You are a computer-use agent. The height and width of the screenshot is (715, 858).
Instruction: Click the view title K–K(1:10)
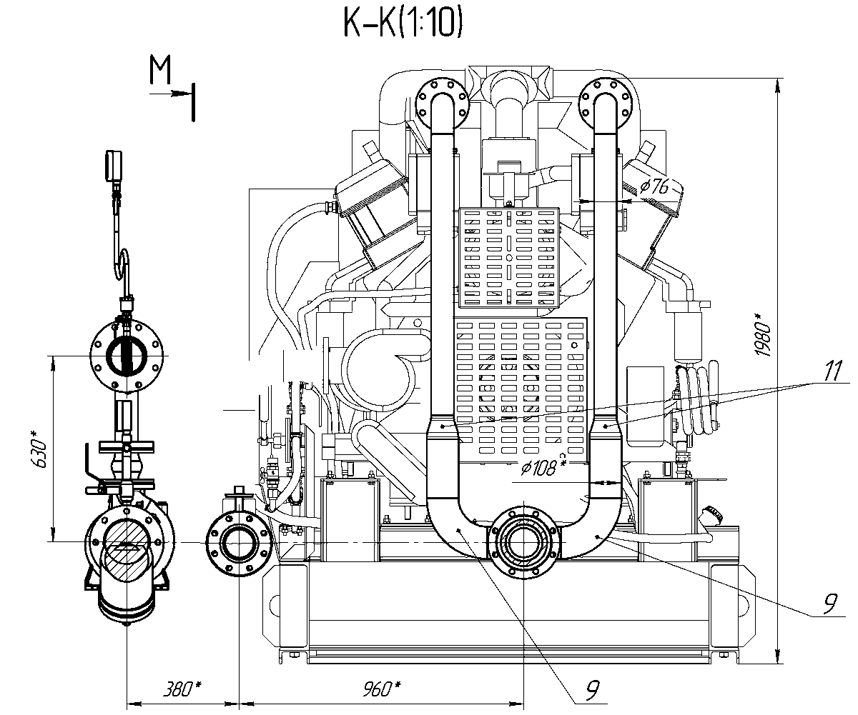coord(403,23)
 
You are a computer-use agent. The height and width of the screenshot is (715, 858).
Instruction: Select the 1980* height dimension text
coord(763,334)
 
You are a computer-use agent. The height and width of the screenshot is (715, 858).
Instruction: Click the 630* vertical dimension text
coord(39,449)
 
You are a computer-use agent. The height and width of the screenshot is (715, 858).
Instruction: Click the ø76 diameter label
coord(654,187)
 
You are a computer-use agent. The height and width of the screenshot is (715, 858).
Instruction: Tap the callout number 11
coord(832,370)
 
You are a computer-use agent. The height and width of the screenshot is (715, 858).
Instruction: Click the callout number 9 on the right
coord(830,603)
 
